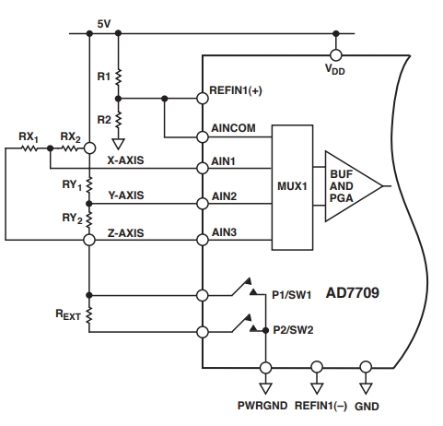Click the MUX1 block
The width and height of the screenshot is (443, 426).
[x=292, y=187]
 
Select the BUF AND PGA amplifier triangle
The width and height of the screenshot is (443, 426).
[x=354, y=186]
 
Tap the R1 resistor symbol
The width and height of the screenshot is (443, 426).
[x=118, y=77]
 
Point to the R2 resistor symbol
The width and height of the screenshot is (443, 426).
[x=118, y=120]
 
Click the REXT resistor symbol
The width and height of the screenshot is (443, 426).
[x=89, y=315]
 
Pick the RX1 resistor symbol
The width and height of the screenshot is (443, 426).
[x=29, y=148]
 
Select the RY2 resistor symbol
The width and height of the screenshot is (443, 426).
[x=89, y=219]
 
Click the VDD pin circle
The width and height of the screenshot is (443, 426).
[x=336, y=55]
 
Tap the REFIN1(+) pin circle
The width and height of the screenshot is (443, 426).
[x=203, y=99]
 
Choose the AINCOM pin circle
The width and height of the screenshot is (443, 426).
[x=203, y=137]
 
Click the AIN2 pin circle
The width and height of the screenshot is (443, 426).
[x=203, y=204]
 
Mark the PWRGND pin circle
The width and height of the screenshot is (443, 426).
[x=265, y=367]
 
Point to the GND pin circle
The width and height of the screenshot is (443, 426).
[x=366, y=367]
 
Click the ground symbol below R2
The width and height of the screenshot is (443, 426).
[x=118, y=144]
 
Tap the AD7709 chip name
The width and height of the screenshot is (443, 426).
[x=353, y=293]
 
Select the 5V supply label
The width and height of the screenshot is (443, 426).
[x=104, y=24]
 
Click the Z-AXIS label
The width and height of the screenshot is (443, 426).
[x=125, y=233]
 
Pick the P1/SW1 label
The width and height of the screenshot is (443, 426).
[x=292, y=295]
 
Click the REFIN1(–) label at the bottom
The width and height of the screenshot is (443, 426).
[x=321, y=406]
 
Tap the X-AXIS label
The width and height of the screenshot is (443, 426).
[x=125, y=160]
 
